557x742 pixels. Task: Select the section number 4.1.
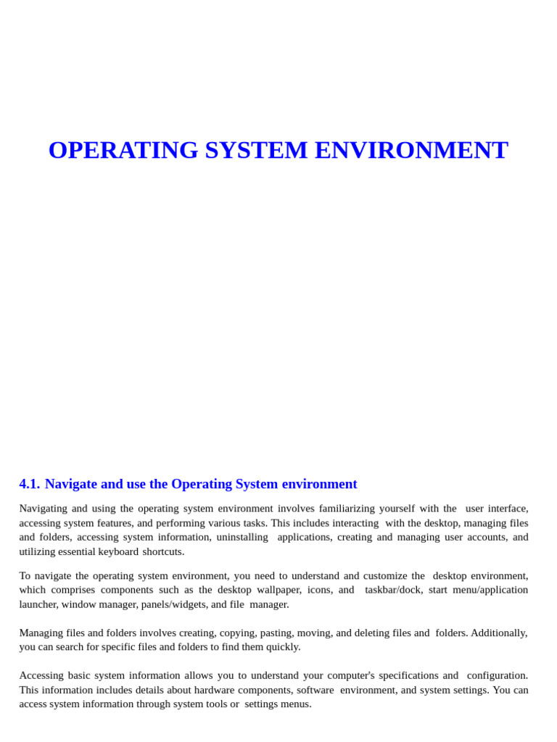pyautogui.click(x=29, y=484)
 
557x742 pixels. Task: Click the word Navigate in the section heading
pyautogui.click(x=71, y=484)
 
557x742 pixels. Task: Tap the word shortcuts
pyautogui.click(x=163, y=551)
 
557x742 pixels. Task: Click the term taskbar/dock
pyautogui.click(x=393, y=590)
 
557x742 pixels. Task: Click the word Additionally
pyautogui.click(x=499, y=633)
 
